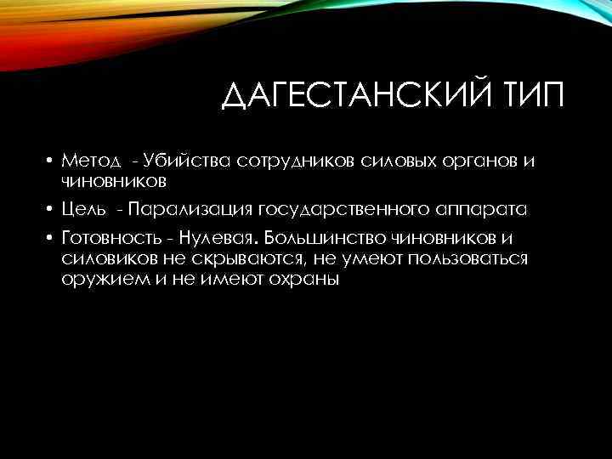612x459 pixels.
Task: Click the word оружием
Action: tap(96, 278)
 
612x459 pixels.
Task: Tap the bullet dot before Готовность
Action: tap(50, 239)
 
